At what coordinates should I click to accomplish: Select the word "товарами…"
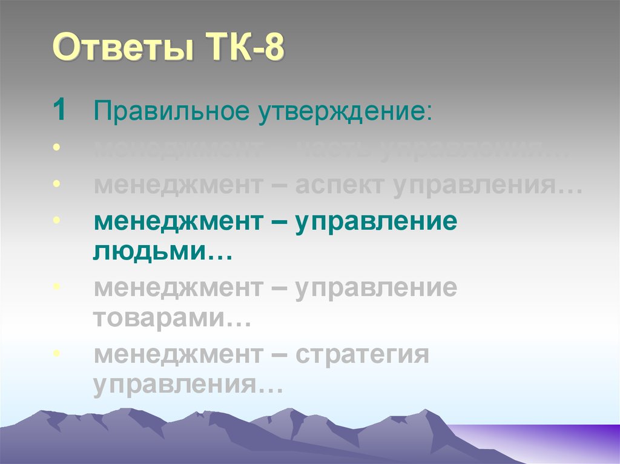pyautogui.click(x=172, y=318)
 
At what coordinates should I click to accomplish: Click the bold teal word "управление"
pyautogui.click(x=375, y=222)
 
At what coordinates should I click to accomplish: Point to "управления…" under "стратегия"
pyautogui.click(x=188, y=385)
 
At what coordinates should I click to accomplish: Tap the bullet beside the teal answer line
pyautogui.click(x=56, y=219)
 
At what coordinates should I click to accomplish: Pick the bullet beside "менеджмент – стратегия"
pyautogui.click(x=56, y=352)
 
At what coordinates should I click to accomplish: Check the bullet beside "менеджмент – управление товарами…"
pyautogui.click(x=56, y=286)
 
